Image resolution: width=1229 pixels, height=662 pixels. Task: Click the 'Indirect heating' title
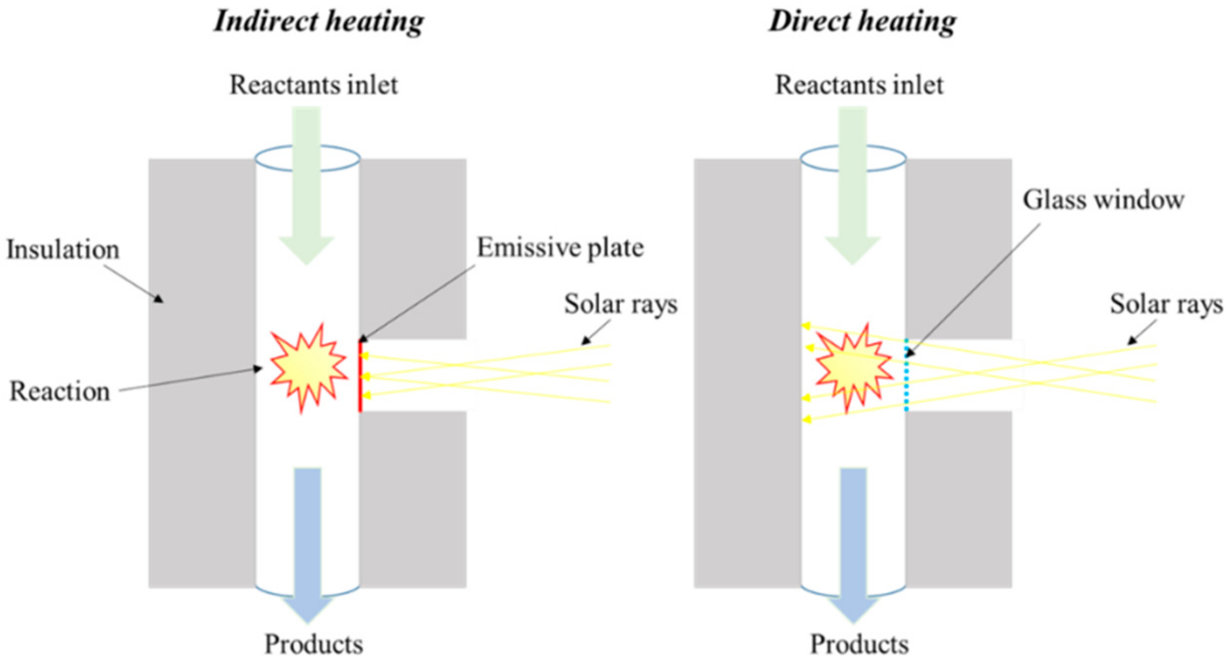[318, 22]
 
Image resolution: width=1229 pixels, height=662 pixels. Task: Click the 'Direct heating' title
[862, 22]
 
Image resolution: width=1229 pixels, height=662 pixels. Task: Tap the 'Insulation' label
[63, 250]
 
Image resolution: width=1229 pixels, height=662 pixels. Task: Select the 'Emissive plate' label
[560, 248]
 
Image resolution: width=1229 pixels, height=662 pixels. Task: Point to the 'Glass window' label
[1103, 201]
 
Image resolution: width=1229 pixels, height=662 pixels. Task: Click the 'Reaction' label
[60, 391]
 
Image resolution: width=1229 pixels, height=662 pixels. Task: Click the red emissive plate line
[361, 377]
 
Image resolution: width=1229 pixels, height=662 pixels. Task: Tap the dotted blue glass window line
[906, 377]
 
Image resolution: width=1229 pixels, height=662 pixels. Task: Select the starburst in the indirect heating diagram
[308, 368]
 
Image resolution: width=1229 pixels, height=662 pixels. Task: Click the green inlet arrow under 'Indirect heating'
[307, 188]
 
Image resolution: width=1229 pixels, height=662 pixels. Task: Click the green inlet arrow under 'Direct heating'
[853, 188]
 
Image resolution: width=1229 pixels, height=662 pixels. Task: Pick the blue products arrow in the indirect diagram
[307, 540]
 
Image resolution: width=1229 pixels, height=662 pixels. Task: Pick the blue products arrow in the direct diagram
[853, 540]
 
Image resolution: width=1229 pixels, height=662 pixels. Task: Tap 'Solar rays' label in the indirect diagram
[620, 304]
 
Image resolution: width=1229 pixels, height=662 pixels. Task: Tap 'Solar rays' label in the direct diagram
[1166, 304]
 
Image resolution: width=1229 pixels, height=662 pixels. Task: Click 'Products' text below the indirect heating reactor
[313, 645]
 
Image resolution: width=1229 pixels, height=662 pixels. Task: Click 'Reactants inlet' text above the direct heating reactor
[859, 85]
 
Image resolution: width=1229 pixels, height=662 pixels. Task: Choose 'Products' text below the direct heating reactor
[859, 645]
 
